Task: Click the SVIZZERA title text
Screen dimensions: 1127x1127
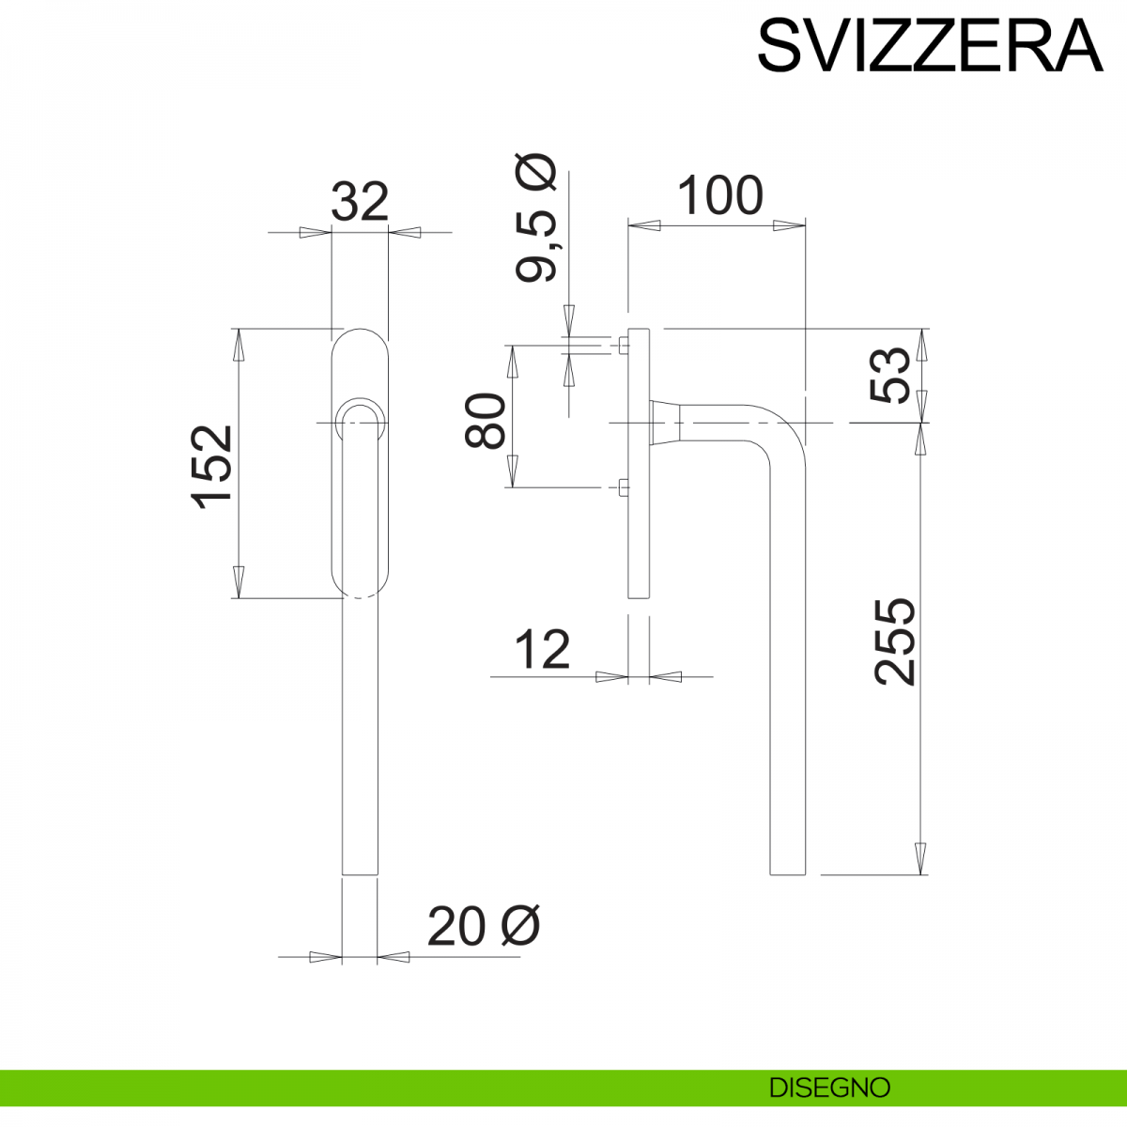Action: click(x=929, y=45)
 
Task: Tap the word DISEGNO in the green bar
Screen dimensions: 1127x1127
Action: click(x=829, y=1088)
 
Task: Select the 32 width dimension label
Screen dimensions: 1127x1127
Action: click(x=360, y=202)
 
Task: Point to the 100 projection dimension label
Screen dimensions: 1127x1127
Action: click(x=719, y=196)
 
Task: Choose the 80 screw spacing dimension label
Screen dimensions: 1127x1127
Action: click(x=487, y=421)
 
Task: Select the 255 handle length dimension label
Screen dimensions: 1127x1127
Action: click(x=893, y=641)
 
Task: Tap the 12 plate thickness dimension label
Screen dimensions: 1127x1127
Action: click(x=543, y=650)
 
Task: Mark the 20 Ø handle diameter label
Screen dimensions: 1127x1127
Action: click(x=483, y=927)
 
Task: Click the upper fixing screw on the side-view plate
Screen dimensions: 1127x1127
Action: click(x=624, y=346)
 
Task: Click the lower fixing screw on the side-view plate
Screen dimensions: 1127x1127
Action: click(x=624, y=486)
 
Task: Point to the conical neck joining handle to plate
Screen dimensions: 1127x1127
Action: click(x=663, y=422)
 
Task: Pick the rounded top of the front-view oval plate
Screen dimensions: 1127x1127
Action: click(x=360, y=334)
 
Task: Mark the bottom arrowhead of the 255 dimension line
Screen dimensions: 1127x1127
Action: click(x=921, y=859)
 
